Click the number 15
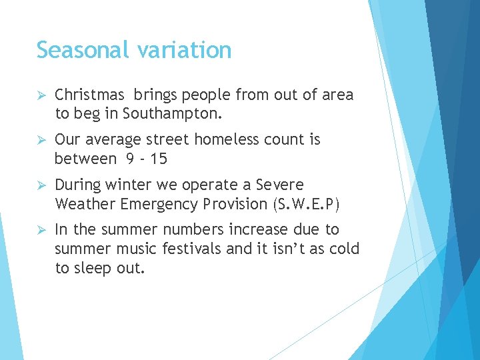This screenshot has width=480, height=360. tap(158, 159)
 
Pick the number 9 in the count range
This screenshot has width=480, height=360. tap(129, 159)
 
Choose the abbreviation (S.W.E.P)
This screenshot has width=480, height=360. tap(303, 203)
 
